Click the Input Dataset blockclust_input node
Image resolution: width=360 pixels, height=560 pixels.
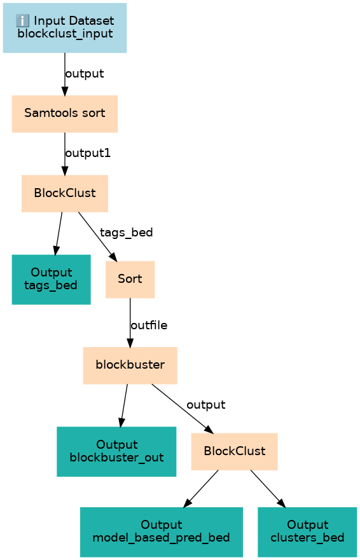click(65, 28)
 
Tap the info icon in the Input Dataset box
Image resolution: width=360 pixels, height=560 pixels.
click(22, 21)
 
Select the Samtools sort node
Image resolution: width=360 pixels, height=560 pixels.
click(65, 114)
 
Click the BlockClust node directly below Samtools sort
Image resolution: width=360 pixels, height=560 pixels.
click(65, 194)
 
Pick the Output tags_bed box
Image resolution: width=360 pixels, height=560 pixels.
click(51, 279)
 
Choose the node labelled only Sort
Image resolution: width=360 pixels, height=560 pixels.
click(130, 279)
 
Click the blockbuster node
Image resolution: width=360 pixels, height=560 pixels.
click(130, 365)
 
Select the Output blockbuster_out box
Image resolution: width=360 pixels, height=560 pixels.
click(116, 451)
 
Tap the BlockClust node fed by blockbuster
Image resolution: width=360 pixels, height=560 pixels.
click(235, 451)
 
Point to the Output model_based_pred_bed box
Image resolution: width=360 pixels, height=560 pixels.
click(161, 532)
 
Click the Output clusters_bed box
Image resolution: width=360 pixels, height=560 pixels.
click(307, 532)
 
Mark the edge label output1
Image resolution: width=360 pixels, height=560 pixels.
click(88, 153)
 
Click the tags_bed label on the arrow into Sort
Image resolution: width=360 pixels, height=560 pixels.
click(126, 233)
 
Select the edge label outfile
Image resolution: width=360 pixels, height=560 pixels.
click(149, 325)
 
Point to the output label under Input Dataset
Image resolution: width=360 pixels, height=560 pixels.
click(85, 74)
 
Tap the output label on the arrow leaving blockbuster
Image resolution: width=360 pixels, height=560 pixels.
click(206, 405)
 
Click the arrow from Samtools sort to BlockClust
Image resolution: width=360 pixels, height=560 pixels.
click(65, 154)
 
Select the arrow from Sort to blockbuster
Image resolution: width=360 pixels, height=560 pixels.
click(130, 322)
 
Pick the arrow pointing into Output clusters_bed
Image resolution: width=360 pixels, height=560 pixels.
click(268, 489)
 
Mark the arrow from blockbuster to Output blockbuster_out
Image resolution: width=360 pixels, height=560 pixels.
click(123, 406)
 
